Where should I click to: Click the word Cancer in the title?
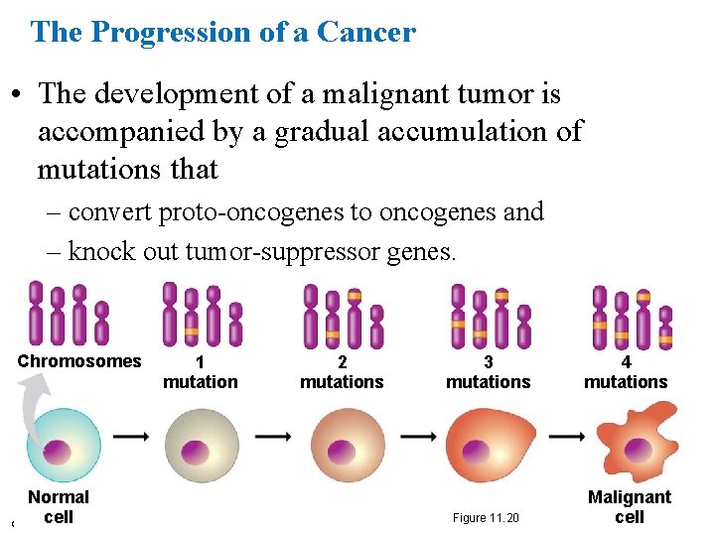367,32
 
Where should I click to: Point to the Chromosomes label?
79,361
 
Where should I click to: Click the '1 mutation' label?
201,372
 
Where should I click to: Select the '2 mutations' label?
342,372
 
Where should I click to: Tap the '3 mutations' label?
488,372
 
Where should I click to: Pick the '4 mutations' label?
626,372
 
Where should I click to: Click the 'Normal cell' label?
59,506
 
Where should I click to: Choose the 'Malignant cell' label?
630,506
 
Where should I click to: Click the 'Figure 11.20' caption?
486,518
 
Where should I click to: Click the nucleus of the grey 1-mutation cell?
202,445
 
